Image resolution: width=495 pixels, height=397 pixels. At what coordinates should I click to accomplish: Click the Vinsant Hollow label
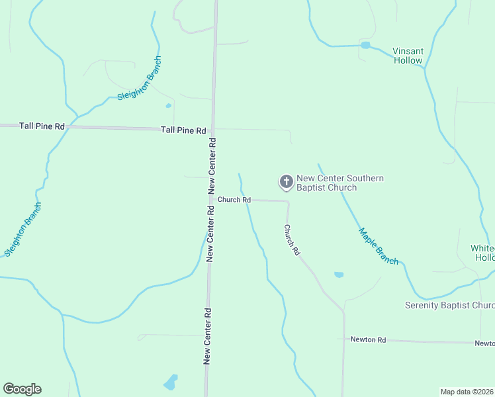[407, 56]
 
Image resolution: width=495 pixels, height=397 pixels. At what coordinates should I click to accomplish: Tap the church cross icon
[286, 181]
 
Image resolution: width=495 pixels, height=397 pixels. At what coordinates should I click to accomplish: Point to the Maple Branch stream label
[379, 246]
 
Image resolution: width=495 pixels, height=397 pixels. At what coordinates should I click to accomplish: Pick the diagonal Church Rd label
[292, 240]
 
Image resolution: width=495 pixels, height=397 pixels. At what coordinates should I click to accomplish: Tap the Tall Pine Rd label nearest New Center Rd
[183, 130]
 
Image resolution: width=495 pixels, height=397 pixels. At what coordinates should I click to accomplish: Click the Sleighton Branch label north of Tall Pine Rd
[139, 79]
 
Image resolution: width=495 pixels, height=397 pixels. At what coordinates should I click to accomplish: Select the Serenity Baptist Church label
[449, 305]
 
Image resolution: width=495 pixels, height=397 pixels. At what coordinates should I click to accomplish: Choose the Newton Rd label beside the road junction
[368, 339]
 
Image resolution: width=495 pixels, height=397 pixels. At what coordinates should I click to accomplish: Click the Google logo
[22, 389]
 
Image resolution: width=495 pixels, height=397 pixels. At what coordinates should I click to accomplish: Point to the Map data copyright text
[467, 391]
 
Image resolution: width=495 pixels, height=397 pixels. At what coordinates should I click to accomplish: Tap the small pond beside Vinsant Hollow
[365, 45]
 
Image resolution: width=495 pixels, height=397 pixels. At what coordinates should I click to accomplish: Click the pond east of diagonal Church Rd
[339, 274]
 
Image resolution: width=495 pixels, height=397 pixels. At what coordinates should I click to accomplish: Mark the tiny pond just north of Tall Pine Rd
[168, 105]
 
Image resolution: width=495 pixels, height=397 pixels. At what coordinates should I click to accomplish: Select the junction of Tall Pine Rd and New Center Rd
[213, 128]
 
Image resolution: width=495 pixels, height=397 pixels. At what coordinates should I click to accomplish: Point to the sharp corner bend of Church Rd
[287, 201]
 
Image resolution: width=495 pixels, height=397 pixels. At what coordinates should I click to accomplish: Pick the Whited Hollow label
[482, 253]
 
